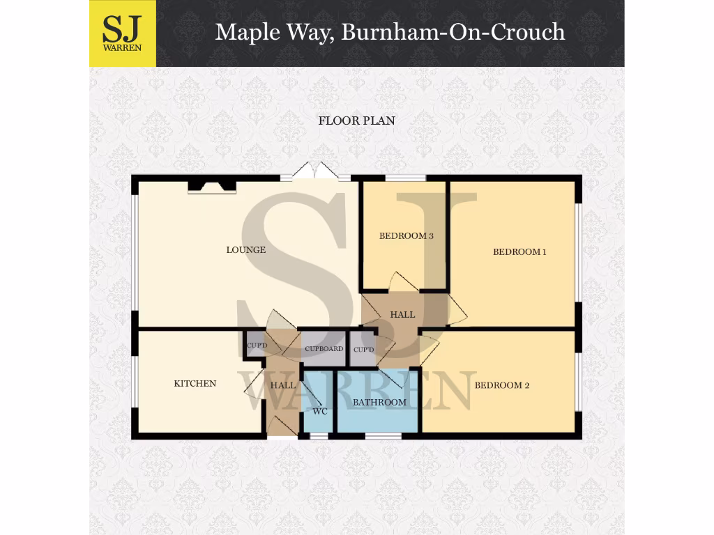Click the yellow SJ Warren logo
pyautogui.click(x=122, y=33)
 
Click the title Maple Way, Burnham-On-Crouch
pyautogui.click(x=390, y=32)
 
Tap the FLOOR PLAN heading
pyautogui.click(x=356, y=121)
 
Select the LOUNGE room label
pyautogui.click(x=245, y=249)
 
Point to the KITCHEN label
pyautogui.click(x=195, y=383)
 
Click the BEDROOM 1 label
pyautogui.click(x=519, y=251)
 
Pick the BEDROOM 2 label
pyautogui.click(x=501, y=385)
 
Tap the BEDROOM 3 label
pyautogui.click(x=406, y=235)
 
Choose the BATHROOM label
pyautogui.click(x=379, y=402)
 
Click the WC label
pyautogui.click(x=320, y=411)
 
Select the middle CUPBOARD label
pyautogui.click(x=324, y=348)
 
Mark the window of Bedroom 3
pyautogui.click(x=405, y=178)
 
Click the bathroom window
pyautogui.click(x=383, y=436)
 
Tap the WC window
pyautogui.click(x=319, y=436)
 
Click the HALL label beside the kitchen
pyautogui.click(x=282, y=385)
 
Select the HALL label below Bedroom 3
pyautogui.click(x=402, y=314)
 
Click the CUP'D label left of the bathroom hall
pyautogui.click(x=363, y=349)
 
